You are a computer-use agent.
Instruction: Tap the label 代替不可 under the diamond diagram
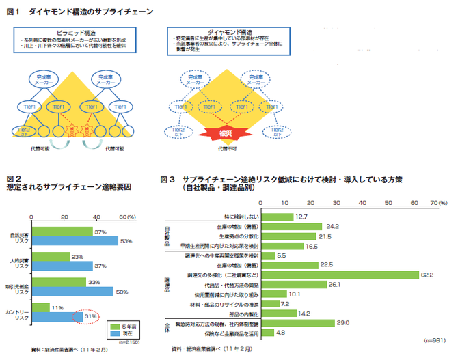click(225, 148)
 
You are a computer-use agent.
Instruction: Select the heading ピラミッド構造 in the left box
click(76, 32)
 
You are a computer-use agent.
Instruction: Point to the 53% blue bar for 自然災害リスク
click(75, 240)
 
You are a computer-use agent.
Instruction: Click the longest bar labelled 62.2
click(340, 275)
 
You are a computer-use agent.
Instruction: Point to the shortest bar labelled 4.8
click(268, 333)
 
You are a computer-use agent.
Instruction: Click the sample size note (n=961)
click(434, 340)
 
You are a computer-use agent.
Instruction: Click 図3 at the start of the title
click(168, 180)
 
